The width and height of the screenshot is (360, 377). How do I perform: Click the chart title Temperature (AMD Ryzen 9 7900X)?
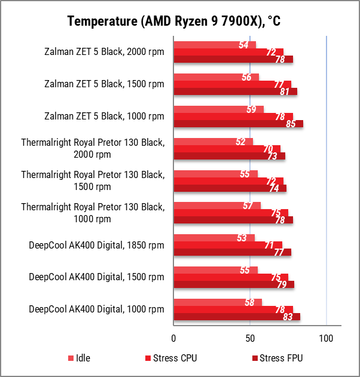(x=173, y=22)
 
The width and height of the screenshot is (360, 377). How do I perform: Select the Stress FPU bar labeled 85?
(x=238, y=124)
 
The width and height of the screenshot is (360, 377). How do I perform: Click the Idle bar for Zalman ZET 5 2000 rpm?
(x=215, y=45)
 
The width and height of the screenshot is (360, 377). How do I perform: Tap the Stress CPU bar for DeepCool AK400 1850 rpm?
(x=227, y=245)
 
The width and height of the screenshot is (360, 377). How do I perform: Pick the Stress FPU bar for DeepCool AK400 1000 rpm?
(x=237, y=317)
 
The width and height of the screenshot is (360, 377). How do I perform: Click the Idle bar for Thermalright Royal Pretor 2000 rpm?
(x=213, y=142)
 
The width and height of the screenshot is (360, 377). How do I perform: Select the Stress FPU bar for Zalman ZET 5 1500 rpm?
(x=235, y=91)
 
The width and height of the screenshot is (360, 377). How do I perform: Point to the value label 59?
(x=251, y=109)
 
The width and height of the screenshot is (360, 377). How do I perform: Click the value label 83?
(x=288, y=317)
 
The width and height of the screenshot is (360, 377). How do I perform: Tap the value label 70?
(x=268, y=149)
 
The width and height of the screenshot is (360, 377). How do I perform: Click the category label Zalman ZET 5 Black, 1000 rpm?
(x=104, y=116)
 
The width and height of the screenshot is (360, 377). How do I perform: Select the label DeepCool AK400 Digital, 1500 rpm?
(x=96, y=277)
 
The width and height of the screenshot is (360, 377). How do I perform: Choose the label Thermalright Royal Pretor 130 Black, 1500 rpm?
(x=92, y=180)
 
